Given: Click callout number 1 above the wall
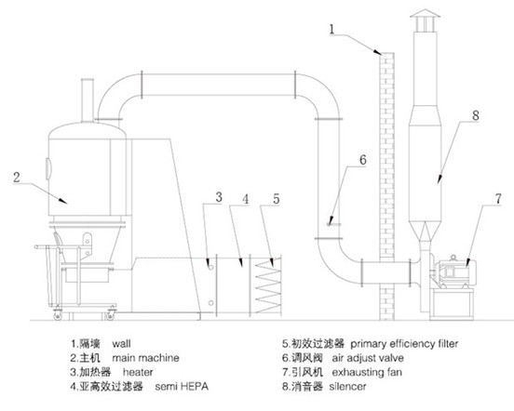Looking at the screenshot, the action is tap(331, 29).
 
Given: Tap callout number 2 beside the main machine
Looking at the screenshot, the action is tap(17, 178).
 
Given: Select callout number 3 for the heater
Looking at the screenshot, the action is tap(219, 197).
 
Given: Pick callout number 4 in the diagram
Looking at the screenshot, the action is tap(246, 199).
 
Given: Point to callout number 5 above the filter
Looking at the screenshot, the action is tap(277, 199).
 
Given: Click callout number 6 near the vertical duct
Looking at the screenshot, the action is tap(363, 160).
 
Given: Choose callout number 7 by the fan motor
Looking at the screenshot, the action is tap(498, 199).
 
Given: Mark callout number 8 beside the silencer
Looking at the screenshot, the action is tap(476, 115).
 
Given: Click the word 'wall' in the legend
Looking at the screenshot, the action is tap(121, 344).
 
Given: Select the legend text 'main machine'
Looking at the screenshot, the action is tap(145, 358).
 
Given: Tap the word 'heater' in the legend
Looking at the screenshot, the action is tap(138, 372).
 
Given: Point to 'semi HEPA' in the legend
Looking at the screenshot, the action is tap(182, 387).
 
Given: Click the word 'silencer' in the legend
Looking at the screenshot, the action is tap(347, 387).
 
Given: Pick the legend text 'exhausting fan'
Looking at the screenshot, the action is tap(367, 372).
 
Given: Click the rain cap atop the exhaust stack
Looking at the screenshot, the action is tap(425, 13).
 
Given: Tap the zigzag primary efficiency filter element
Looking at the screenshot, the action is tap(268, 284).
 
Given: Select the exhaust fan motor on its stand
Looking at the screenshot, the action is tap(454, 271).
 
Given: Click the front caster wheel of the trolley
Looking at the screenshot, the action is tap(58, 316).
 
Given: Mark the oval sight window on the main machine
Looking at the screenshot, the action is tap(48, 169).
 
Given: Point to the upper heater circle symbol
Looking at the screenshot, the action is tap(211, 268).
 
